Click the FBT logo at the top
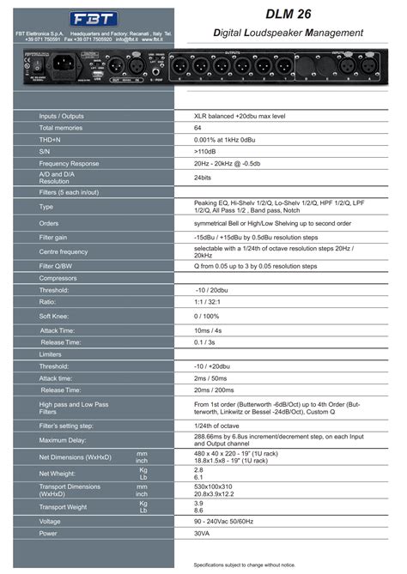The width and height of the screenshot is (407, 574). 89,18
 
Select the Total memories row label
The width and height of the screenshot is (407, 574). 59,127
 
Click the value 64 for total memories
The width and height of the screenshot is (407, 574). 198,127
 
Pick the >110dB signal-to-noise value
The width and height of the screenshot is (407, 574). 204,151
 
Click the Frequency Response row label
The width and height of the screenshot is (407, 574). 69,163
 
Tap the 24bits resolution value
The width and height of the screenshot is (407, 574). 203,178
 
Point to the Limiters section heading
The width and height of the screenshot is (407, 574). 51,353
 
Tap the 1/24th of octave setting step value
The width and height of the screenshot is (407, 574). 216,426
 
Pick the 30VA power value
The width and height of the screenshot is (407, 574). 202,533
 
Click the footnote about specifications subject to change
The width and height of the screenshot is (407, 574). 244,565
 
